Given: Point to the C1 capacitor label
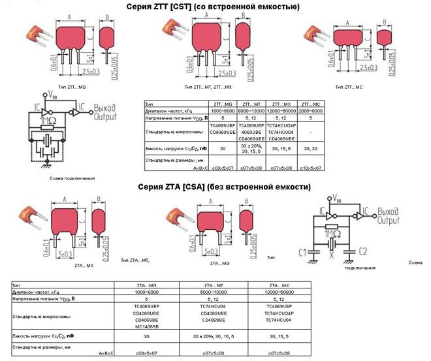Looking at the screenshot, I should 302,252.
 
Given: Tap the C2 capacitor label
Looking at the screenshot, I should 364,251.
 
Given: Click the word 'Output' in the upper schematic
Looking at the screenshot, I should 105,117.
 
